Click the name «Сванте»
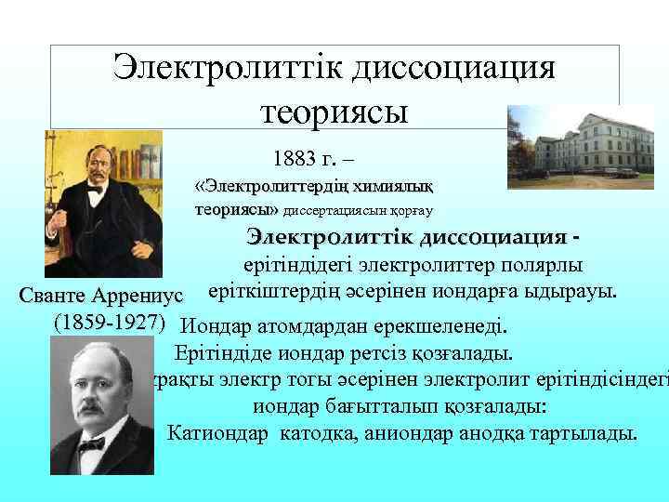pyautogui.click(x=54, y=296)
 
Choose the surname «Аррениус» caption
pyautogui.click(x=140, y=296)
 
